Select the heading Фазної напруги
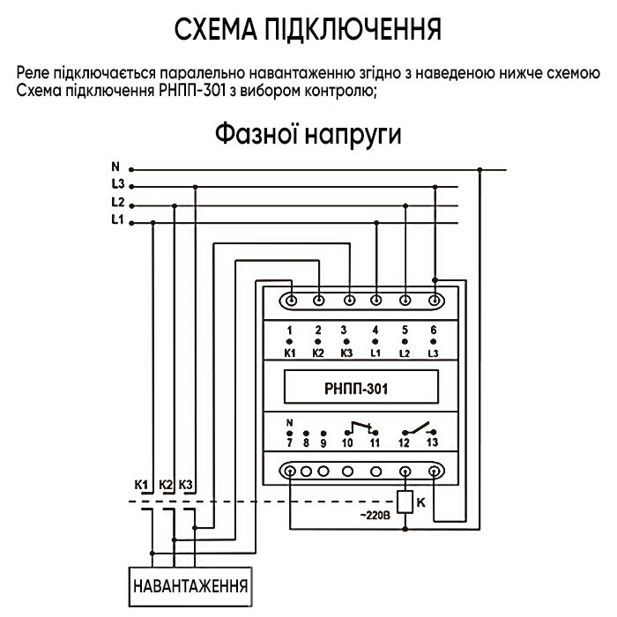pyautogui.click(x=308, y=137)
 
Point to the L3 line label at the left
pyautogui.click(x=118, y=184)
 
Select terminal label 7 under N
pyautogui.click(x=290, y=444)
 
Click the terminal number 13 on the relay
pyautogui.click(x=432, y=444)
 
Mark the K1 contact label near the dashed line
pyautogui.click(x=141, y=485)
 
